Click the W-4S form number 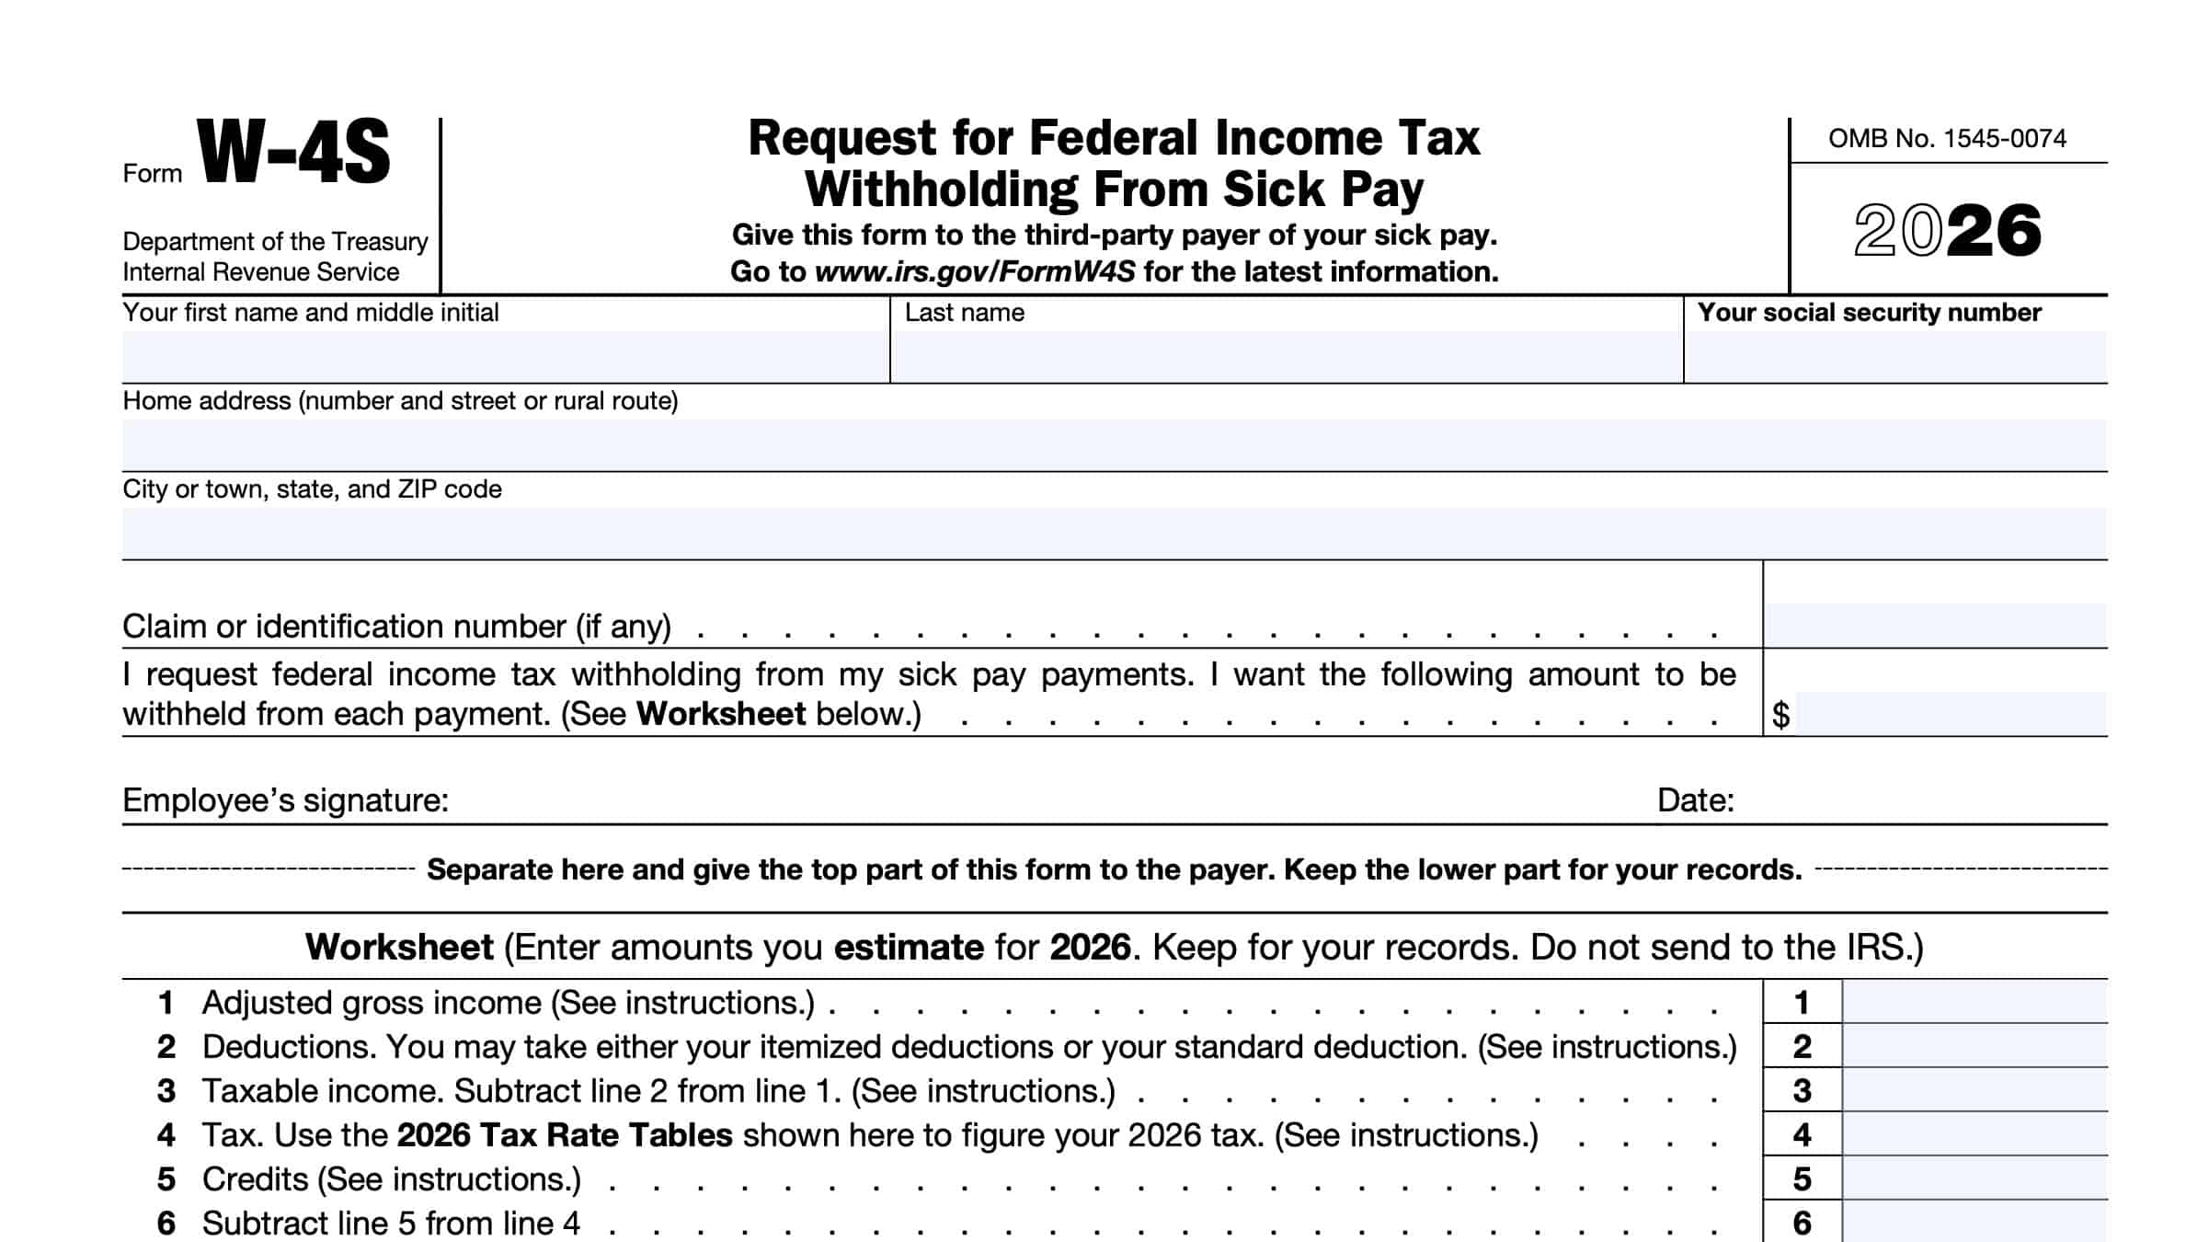(x=293, y=153)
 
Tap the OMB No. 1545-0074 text (x=1946, y=139)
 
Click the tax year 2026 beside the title (x=1947, y=230)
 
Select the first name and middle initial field (x=505, y=356)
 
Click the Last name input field (x=1286, y=356)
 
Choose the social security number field (x=1894, y=356)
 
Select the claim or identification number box (x=1935, y=625)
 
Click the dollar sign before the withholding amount (x=1781, y=715)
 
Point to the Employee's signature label (x=285, y=800)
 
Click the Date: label (x=1695, y=800)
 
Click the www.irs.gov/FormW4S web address (x=975, y=272)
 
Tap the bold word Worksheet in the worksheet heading (x=399, y=948)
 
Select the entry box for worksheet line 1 (x=1974, y=1002)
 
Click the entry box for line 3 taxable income (x=1974, y=1090)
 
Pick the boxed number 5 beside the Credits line (x=1802, y=1179)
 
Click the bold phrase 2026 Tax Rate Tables (x=565, y=1135)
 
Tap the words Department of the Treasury (x=275, y=242)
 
